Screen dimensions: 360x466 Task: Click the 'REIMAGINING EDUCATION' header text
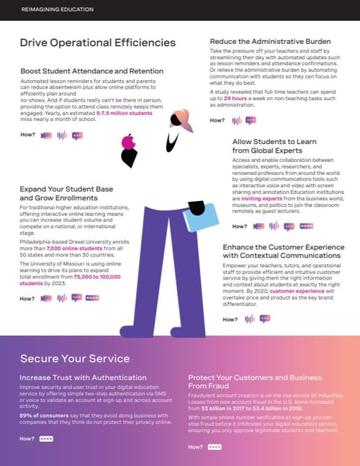48,9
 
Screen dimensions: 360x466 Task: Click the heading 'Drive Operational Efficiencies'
98,43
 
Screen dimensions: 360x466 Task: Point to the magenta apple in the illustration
129,141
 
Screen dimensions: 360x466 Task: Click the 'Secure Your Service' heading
75,359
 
